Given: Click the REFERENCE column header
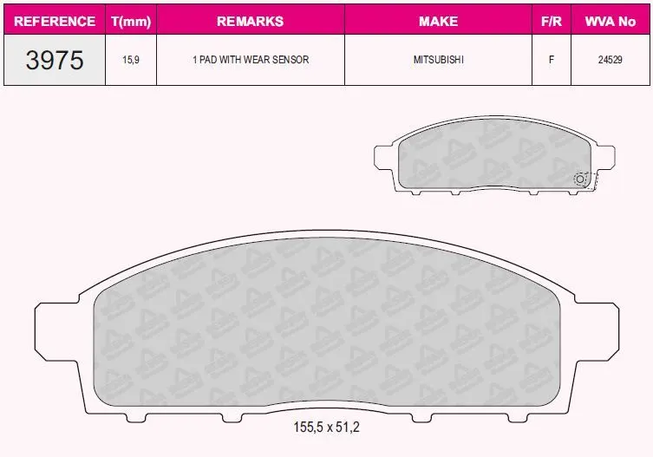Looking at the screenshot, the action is [x=55, y=21].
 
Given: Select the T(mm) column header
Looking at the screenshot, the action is [x=131, y=21].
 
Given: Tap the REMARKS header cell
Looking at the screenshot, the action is [x=251, y=21].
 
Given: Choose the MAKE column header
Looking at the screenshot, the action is [x=438, y=21].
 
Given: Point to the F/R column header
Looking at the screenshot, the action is [x=552, y=21].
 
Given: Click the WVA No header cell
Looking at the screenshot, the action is [x=611, y=21].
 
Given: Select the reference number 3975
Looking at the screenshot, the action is [x=55, y=60].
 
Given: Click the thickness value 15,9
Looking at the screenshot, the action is [x=131, y=60].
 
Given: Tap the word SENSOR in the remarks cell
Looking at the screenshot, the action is [x=291, y=60].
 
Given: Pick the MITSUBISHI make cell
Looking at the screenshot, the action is [x=439, y=60].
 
